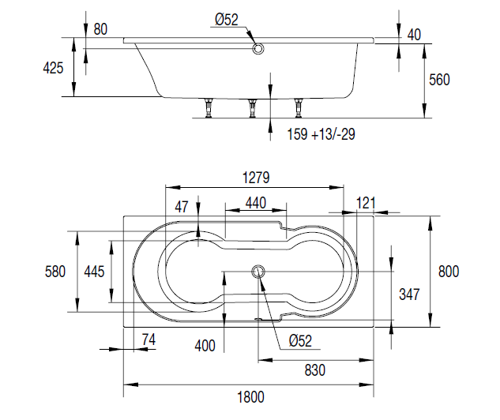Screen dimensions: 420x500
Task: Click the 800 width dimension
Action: [x=449, y=272]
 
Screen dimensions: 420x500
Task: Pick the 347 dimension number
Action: [x=408, y=294]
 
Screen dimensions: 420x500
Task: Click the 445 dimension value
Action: [x=94, y=272]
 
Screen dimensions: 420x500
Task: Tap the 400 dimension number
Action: [x=205, y=345]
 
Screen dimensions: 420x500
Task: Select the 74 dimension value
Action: [x=148, y=339]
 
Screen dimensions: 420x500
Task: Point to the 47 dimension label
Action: [x=182, y=208]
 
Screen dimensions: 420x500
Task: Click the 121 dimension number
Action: [x=366, y=203]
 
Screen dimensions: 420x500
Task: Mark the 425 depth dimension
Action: [x=53, y=68]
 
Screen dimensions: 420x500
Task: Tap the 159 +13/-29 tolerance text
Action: [x=321, y=134]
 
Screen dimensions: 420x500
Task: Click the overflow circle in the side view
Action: [x=258, y=49]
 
